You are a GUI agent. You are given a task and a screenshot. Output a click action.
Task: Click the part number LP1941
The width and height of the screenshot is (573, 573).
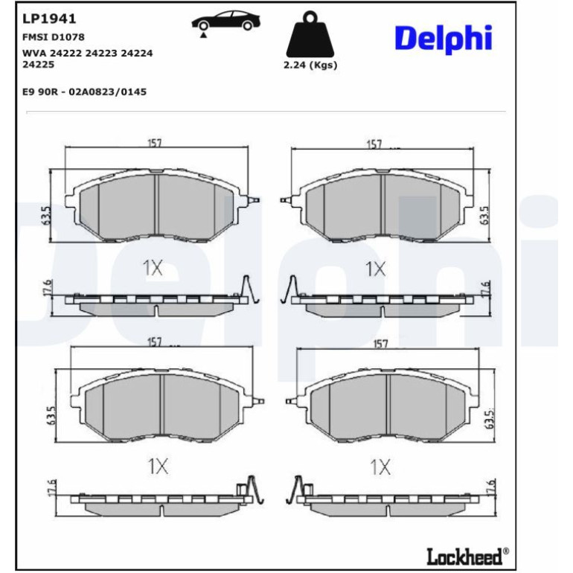49,19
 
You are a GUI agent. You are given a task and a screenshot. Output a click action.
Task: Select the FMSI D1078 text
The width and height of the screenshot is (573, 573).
54,37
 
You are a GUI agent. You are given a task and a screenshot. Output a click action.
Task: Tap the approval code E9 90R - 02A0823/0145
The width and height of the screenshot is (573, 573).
84,92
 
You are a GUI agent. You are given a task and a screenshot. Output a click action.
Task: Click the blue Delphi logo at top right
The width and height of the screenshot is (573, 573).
444,39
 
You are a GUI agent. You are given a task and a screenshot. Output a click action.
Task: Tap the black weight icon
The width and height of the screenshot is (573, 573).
310,34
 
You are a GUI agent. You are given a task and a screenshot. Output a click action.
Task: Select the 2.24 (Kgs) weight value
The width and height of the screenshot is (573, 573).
310,65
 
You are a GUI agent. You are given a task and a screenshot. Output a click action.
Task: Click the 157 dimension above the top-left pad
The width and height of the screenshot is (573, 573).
155,143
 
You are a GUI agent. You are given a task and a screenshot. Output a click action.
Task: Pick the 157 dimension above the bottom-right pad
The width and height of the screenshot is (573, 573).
380,345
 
